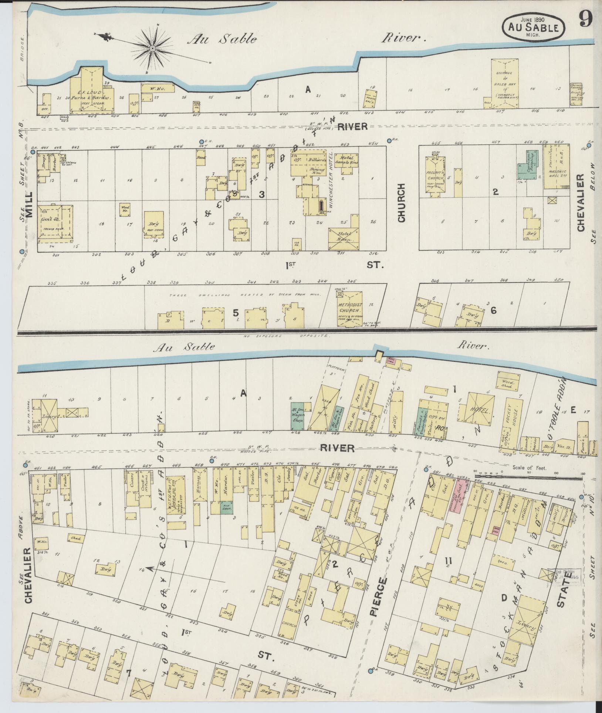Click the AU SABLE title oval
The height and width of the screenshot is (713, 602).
(x=533, y=28)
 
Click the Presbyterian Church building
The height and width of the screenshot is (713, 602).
(x=436, y=176)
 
